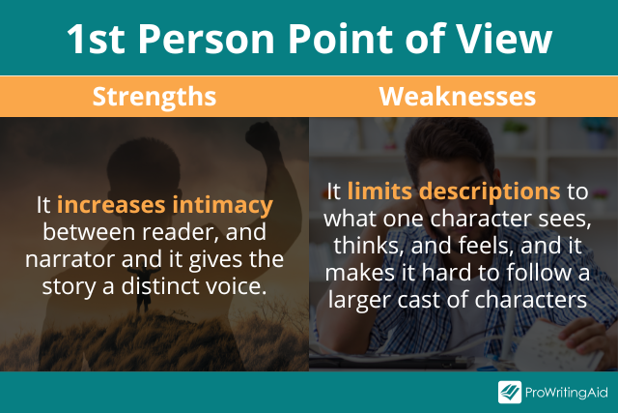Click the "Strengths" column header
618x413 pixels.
pos(154,98)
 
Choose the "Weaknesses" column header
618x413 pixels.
pos(463,98)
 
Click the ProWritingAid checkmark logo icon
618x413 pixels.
pos(510,392)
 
